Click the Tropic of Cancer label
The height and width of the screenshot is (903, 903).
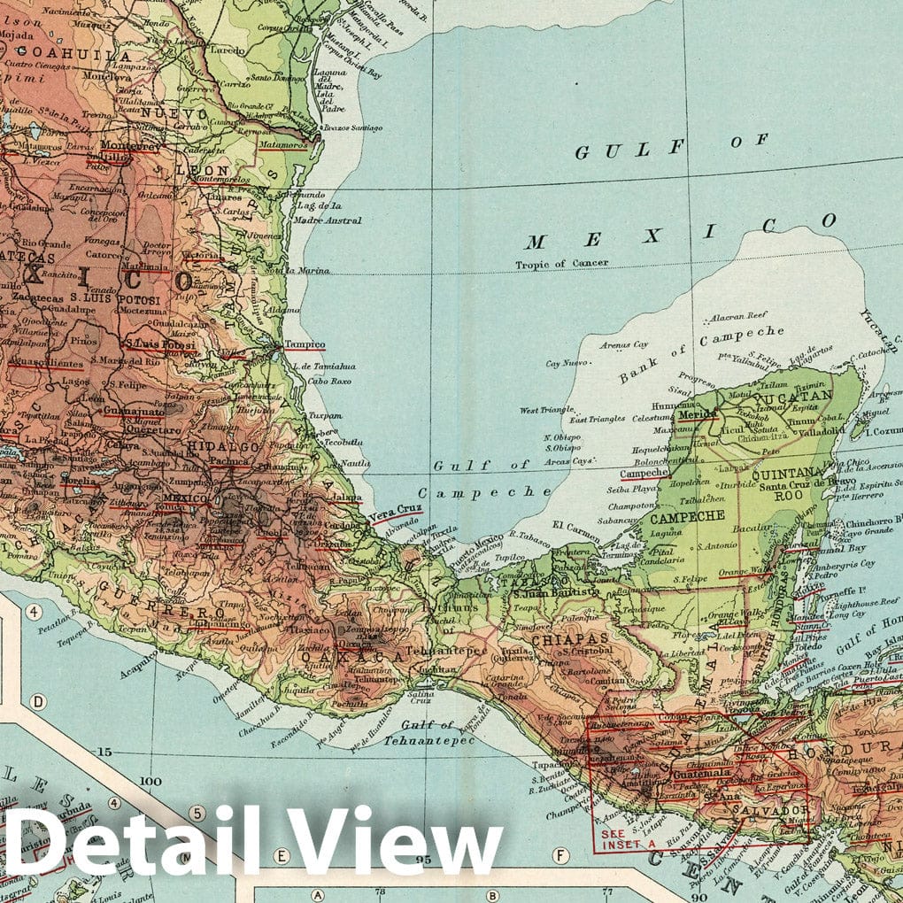coord(564,264)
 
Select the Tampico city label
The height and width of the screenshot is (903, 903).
coord(304,344)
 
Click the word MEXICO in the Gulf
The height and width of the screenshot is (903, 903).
coord(682,232)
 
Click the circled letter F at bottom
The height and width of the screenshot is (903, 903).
coord(560,855)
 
